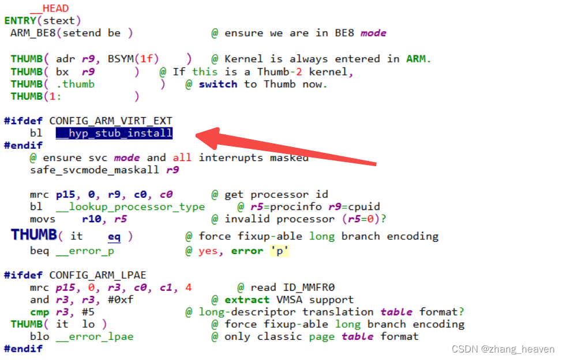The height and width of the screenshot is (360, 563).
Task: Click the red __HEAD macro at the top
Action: point(49,8)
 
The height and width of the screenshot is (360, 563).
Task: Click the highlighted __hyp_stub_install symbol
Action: point(114,133)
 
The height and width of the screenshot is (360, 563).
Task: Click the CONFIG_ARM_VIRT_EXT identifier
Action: point(111,121)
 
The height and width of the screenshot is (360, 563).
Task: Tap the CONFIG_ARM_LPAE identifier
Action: point(97,275)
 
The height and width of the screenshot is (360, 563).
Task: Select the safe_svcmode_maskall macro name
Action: point(97,170)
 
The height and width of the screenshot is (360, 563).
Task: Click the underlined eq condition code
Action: point(114,237)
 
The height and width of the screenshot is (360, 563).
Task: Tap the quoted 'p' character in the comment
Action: point(279,251)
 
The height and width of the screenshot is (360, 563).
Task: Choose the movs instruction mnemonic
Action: point(43,219)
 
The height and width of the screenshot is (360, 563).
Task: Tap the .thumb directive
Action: point(78,84)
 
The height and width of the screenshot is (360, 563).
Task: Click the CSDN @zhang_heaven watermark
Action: point(502,349)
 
